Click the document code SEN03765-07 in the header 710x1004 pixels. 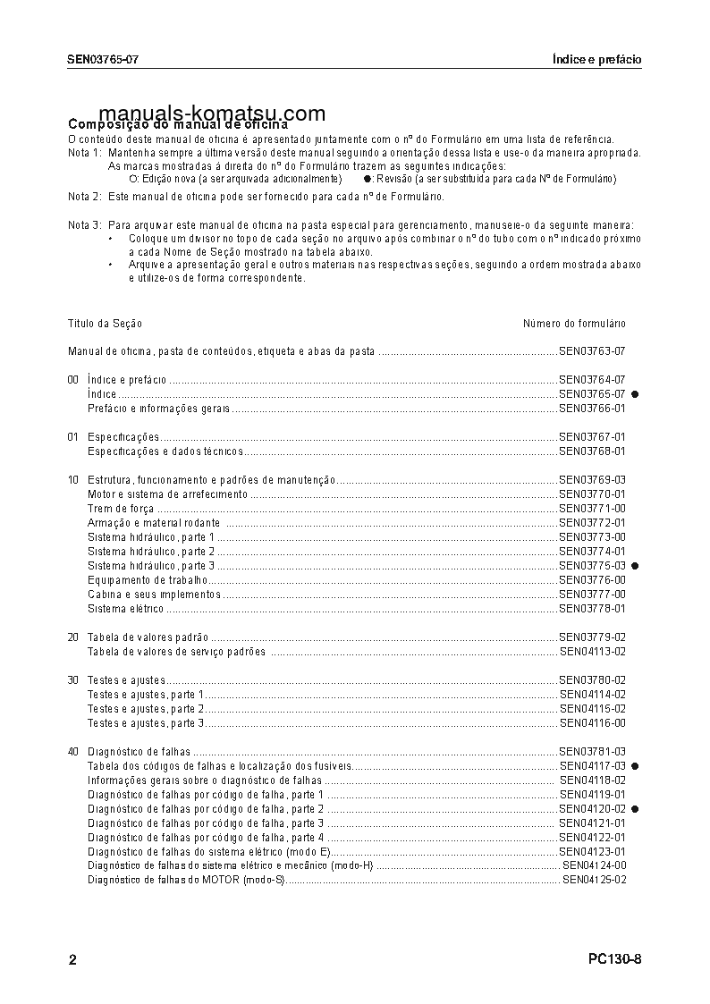pyautogui.click(x=103, y=60)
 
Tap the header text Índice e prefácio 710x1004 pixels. pyautogui.click(x=596, y=60)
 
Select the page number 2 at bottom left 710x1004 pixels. pyautogui.click(x=72, y=960)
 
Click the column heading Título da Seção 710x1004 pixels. pyautogui.click(x=105, y=324)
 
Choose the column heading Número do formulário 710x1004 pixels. pyautogui.click(x=574, y=324)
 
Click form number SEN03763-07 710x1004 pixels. pyautogui.click(x=591, y=352)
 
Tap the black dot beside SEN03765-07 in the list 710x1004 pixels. pyautogui.click(x=635, y=394)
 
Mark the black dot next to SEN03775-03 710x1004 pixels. pyautogui.click(x=635, y=566)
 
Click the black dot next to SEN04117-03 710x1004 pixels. pyautogui.click(x=635, y=766)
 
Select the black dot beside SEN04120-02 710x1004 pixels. pyautogui.click(x=635, y=808)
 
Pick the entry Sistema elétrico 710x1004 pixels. pyautogui.click(x=125, y=609)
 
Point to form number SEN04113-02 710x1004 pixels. pyautogui.click(x=591, y=652)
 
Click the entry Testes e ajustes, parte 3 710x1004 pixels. pyautogui.click(x=146, y=722)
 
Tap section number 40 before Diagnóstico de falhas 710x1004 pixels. pyautogui.click(x=73, y=752)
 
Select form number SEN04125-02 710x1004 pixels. pyautogui.click(x=594, y=880)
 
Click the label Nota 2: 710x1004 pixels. pyautogui.click(x=84, y=197)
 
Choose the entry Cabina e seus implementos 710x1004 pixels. pyautogui.click(x=154, y=595)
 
